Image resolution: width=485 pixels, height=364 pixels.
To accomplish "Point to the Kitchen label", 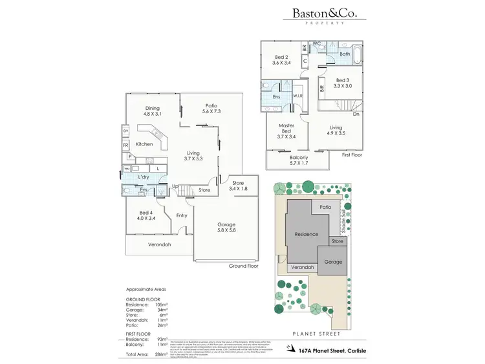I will [144, 144].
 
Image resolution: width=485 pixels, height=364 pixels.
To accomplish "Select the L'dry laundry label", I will [144, 177].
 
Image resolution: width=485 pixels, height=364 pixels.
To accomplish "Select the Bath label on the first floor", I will [345, 54].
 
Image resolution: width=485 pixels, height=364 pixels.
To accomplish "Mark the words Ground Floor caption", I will [244, 266].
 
